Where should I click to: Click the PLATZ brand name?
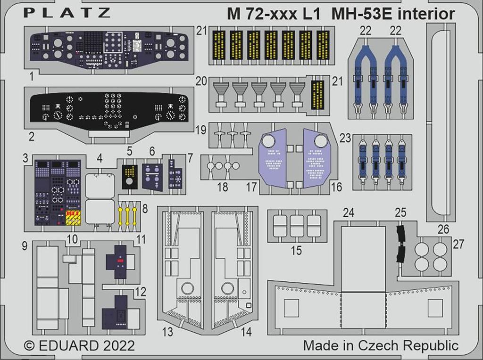[x=67, y=13]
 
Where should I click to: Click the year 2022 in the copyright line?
[x=119, y=345]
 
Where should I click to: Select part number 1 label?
[x=32, y=76]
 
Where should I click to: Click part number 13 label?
[x=167, y=332]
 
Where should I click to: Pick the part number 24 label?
[x=349, y=213]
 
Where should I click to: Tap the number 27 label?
[x=458, y=244]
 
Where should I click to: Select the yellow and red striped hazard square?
[x=74, y=218]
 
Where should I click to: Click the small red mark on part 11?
[x=120, y=261]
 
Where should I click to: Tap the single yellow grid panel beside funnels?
[x=317, y=95]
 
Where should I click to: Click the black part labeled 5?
[x=130, y=177]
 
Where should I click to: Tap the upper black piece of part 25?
[x=401, y=234]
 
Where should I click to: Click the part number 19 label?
[x=201, y=130]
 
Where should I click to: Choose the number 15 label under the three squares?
[x=296, y=250]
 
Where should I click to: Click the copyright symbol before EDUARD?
[x=29, y=345]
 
